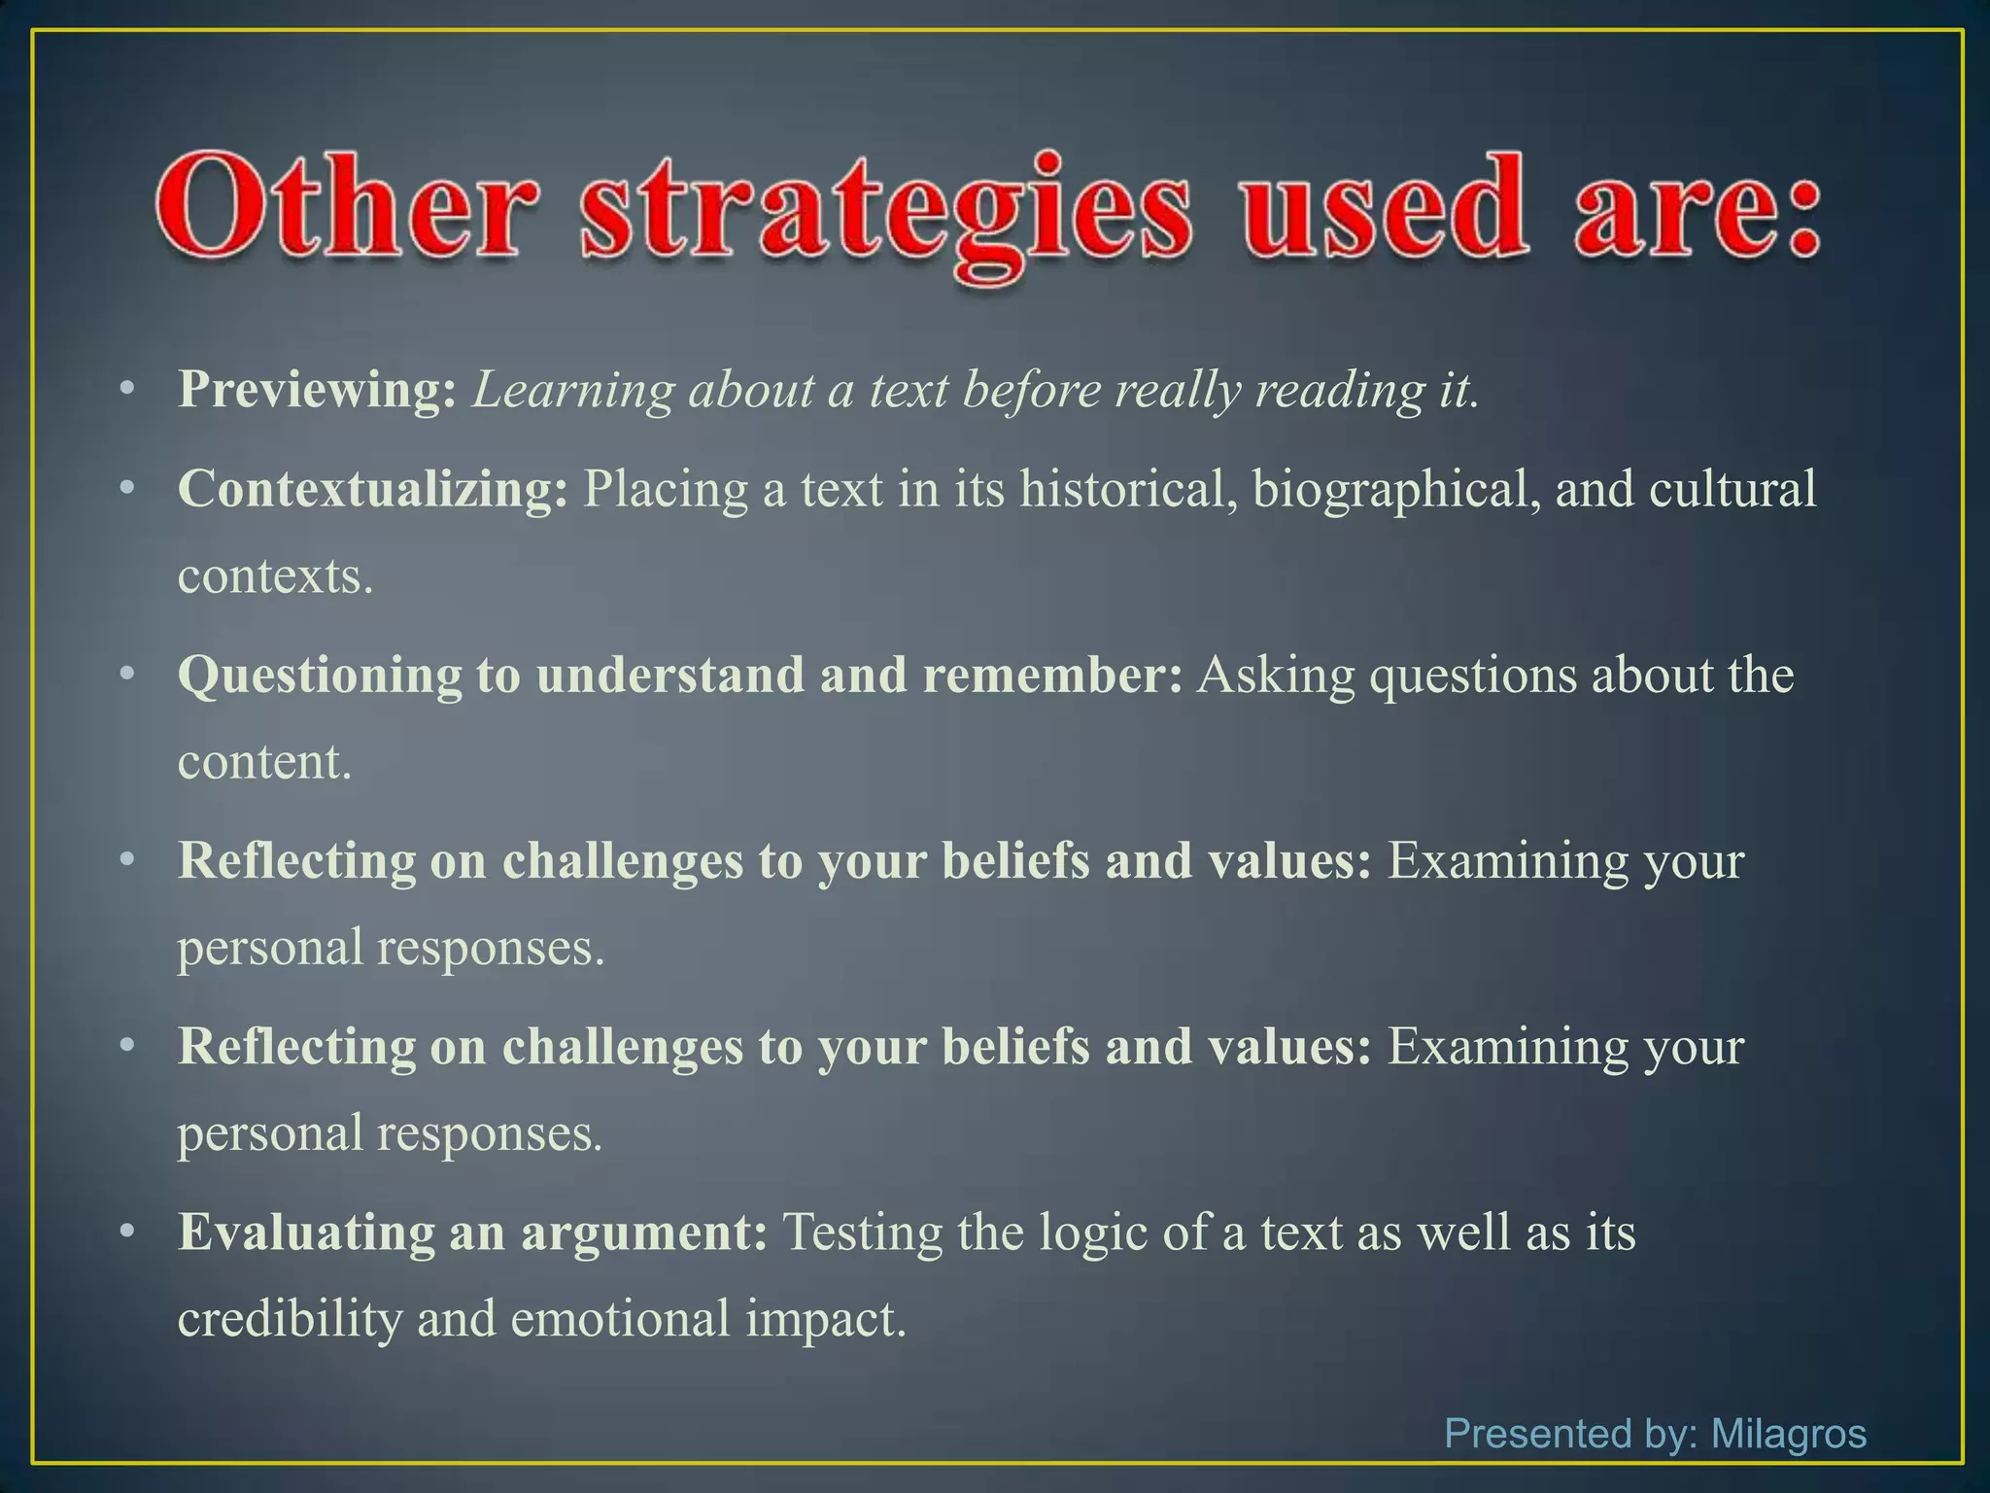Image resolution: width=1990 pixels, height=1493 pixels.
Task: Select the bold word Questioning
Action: [x=320, y=676]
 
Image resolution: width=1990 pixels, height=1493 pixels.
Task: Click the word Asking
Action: [x=1275, y=676]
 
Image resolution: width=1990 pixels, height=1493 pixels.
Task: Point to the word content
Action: [x=263, y=761]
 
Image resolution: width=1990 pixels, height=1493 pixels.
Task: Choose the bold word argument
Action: [x=644, y=1233]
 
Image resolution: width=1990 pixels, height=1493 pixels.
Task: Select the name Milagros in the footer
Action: [x=1788, y=1434]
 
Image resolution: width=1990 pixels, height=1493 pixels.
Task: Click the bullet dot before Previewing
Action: [x=126, y=391]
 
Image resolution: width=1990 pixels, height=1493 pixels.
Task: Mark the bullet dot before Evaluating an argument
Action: [x=126, y=1232]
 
